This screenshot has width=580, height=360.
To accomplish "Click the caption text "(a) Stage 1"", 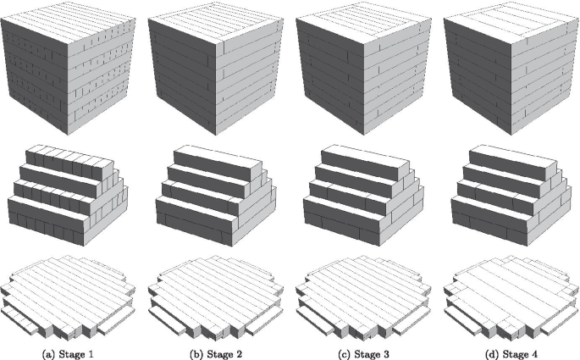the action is click(68, 354).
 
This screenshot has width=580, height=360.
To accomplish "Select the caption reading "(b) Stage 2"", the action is click(216, 354).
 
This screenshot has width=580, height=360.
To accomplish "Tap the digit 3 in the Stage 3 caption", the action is click(385, 354).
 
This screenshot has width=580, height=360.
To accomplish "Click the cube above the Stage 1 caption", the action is click(68, 69).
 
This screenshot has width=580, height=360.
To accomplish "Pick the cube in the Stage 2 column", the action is click(216, 69).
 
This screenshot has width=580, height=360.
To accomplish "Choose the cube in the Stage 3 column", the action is click(363, 69).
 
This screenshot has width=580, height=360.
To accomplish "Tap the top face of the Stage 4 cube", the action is click(511, 24).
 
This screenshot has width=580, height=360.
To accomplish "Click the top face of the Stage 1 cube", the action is click(68, 24).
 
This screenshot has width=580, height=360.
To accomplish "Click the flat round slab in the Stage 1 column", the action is click(68, 296).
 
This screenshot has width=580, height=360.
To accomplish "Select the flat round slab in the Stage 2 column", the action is click(216, 296).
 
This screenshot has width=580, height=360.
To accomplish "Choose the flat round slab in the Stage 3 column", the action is click(363, 296).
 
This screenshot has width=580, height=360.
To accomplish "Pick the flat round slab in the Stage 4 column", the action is click(511, 296).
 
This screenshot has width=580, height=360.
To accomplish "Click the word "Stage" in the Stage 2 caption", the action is click(219, 354).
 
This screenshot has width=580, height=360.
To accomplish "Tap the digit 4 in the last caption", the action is click(533, 354).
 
